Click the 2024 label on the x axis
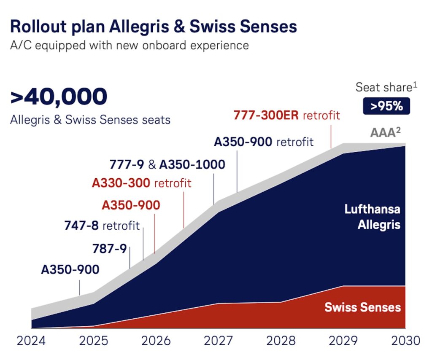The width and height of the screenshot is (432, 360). click(x=31, y=340)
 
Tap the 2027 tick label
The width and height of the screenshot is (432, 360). click(x=219, y=340)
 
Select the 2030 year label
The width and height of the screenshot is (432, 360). click(x=405, y=340)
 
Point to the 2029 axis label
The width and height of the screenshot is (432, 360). click(x=343, y=340)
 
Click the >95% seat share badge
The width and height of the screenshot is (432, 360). click(x=386, y=106)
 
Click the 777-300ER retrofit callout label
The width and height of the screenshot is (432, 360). click(x=286, y=115)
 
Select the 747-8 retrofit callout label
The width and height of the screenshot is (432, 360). click(x=102, y=226)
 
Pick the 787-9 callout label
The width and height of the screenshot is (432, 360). click(x=109, y=249)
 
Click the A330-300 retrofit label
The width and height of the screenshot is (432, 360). click(x=141, y=183)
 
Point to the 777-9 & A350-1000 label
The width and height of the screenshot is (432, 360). click(x=167, y=164)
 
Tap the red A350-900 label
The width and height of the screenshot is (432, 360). click(x=131, y=205)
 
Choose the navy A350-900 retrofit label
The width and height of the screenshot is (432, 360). click(x=264, y=142)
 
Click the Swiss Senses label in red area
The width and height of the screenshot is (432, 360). click(x=362, y=307)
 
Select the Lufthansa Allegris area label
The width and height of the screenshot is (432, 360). click(x=373, y=217)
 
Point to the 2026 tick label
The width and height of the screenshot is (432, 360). click(x=155, y=340)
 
